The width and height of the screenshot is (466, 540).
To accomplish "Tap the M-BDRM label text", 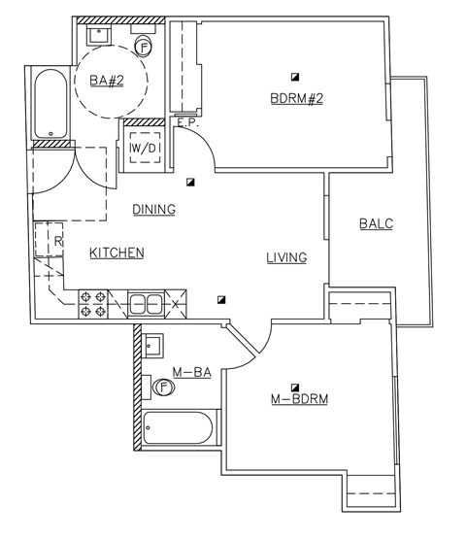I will (296, 399).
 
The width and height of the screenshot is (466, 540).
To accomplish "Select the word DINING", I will (153, 209).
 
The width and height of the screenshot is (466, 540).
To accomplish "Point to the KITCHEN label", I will (116, 253).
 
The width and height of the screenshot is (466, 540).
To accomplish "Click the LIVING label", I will (286, 257).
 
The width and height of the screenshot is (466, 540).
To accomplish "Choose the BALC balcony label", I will (376, 223).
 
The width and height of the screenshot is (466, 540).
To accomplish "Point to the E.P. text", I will (186, 122).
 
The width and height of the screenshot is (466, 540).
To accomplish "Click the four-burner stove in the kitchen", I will (92, 304).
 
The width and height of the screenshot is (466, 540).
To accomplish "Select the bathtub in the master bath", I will (178, 428).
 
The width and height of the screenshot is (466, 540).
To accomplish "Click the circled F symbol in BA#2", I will (144, 46).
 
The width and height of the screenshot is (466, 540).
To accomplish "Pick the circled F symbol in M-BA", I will (163, 388).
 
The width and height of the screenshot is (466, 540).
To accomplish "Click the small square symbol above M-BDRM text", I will (295, 385).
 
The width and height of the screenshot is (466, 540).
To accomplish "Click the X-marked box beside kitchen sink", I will (175, 304).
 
